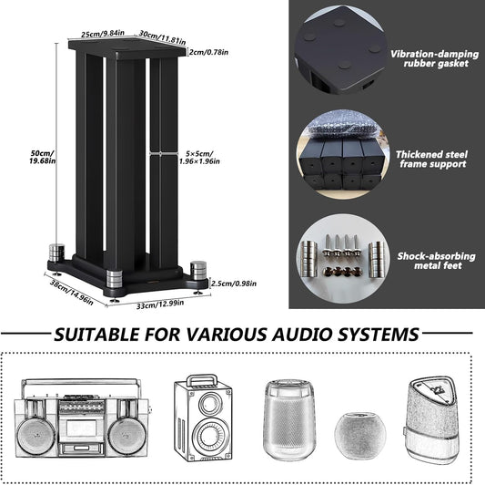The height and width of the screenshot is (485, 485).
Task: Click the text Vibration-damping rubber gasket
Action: click(431, 59)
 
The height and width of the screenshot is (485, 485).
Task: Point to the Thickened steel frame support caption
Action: click(431, 159)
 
